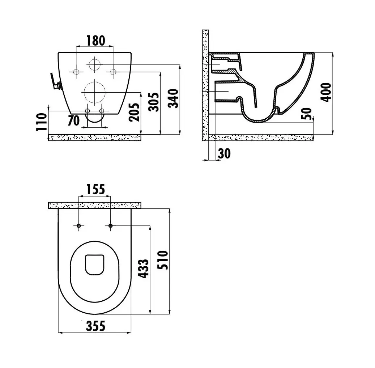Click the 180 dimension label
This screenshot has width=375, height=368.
point(95,41)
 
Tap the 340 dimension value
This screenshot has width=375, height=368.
point(173,98)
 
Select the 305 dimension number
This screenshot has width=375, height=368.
point(153,102)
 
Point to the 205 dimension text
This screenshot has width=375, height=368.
point(134,112)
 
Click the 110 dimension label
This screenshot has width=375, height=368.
point(41,122)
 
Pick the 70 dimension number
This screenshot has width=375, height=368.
point(74,120)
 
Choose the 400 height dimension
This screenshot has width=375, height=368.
point(326,92)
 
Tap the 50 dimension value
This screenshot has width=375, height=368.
point(307,114)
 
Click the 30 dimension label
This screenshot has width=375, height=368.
point(224,153)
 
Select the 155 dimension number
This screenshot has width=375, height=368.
point(95,189)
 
